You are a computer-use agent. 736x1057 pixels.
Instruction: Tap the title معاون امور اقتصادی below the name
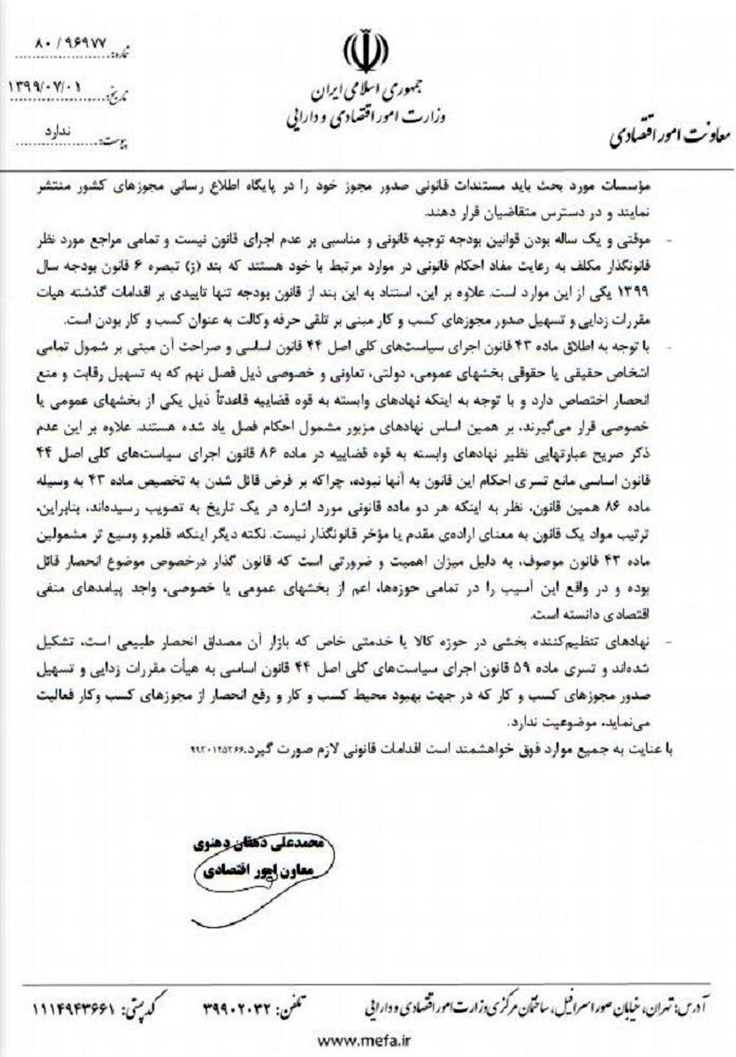pos(257,870)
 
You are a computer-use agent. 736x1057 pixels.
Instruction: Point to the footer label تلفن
pos(293,990)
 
